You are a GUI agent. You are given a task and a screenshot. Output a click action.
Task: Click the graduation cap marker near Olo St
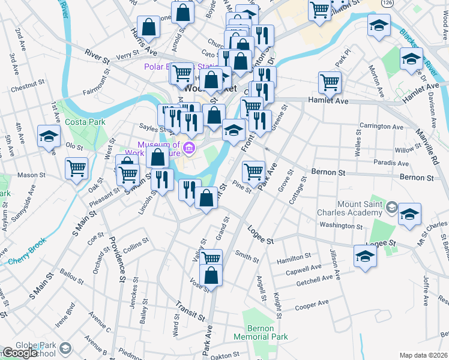click(x=49, y=136)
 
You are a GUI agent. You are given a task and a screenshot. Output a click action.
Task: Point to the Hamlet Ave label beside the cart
click(x=328, y=101)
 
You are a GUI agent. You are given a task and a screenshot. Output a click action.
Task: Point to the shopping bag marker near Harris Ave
click(x=148, y=27)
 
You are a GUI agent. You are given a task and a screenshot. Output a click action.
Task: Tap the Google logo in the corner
click(x=20, y=353)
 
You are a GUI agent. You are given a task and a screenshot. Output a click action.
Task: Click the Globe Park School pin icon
click(x=64, y=347)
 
